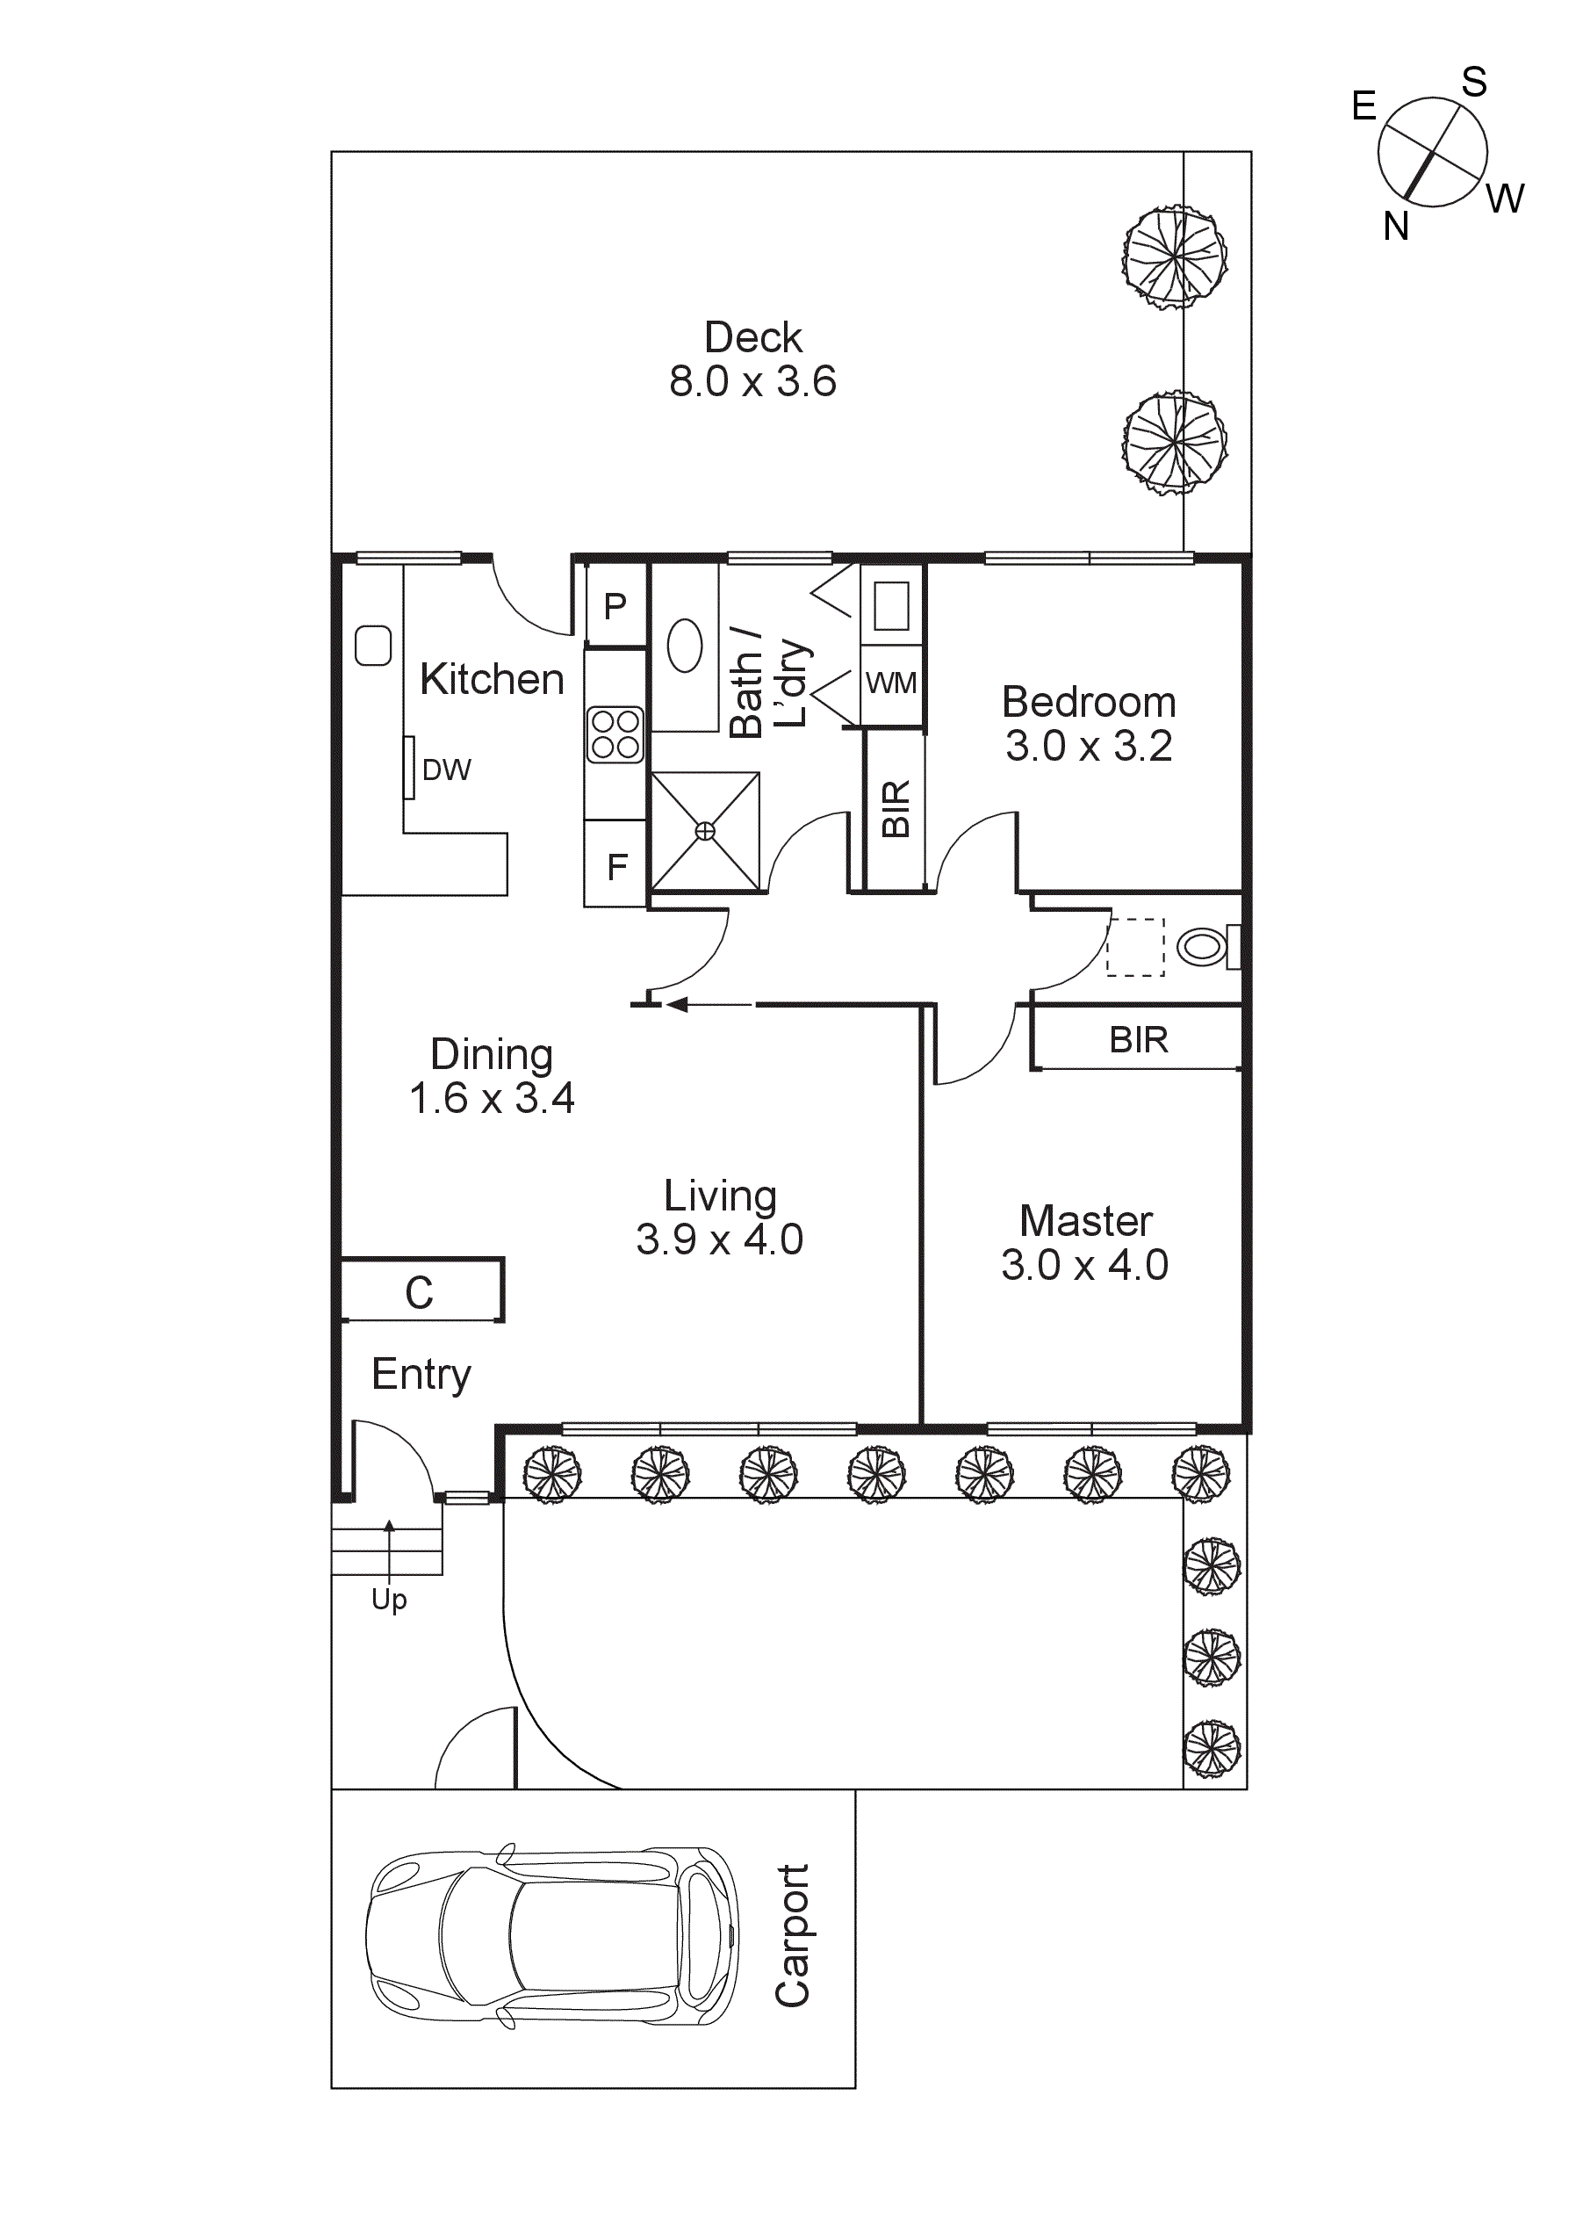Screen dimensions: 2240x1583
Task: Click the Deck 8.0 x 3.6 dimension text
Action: tap(752, 381)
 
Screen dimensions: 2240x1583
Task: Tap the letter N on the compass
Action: tap(1396, 227)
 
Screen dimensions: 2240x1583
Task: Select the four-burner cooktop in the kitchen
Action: tap(615, 734)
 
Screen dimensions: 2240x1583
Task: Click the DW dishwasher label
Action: tap(446, 770)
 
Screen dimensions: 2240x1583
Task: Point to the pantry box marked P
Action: tap(615, 607)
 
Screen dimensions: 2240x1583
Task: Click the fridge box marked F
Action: tap(616, 866)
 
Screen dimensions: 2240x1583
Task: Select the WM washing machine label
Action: tap(890, 683)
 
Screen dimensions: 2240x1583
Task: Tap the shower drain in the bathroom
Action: tap(705, 831)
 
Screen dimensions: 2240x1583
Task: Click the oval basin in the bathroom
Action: tap(685, 646)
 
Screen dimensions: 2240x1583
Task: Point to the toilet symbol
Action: tap(1205, 946)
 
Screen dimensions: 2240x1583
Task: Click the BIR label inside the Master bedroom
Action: tap(1138, 1039)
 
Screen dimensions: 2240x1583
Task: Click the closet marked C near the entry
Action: tap(420, 1293)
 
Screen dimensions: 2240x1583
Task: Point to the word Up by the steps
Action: tap(389, 1599)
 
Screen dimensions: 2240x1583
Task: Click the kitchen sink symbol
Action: tap(372, 646)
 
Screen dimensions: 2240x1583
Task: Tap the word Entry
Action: tap(421, 1374)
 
